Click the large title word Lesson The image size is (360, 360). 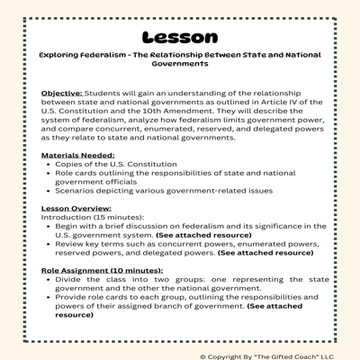[179, 37]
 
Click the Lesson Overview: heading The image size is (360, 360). [78, 208]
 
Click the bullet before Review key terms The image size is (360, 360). [47, 245]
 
